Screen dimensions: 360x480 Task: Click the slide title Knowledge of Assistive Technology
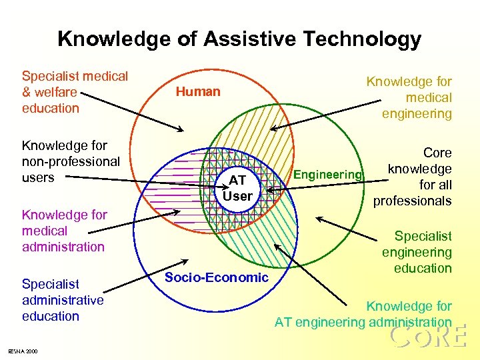(x=239, y=39)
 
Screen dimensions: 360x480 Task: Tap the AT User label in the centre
(x=237, y=188)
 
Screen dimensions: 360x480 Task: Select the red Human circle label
(x=198, y=92)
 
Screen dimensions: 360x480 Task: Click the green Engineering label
(x=328, y=175)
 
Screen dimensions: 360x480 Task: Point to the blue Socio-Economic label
(x=216, y=277)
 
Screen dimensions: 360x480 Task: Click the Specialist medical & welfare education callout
(x=75, y=92)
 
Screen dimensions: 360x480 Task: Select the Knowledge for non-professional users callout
(x=71, y=161)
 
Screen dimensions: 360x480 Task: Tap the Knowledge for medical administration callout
(x=64, y=231)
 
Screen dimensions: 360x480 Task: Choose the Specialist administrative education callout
(x=63, y=300)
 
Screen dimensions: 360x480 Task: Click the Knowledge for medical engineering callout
(x=409, y=97)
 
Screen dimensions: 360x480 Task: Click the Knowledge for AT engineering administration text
(x=363, y=315)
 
